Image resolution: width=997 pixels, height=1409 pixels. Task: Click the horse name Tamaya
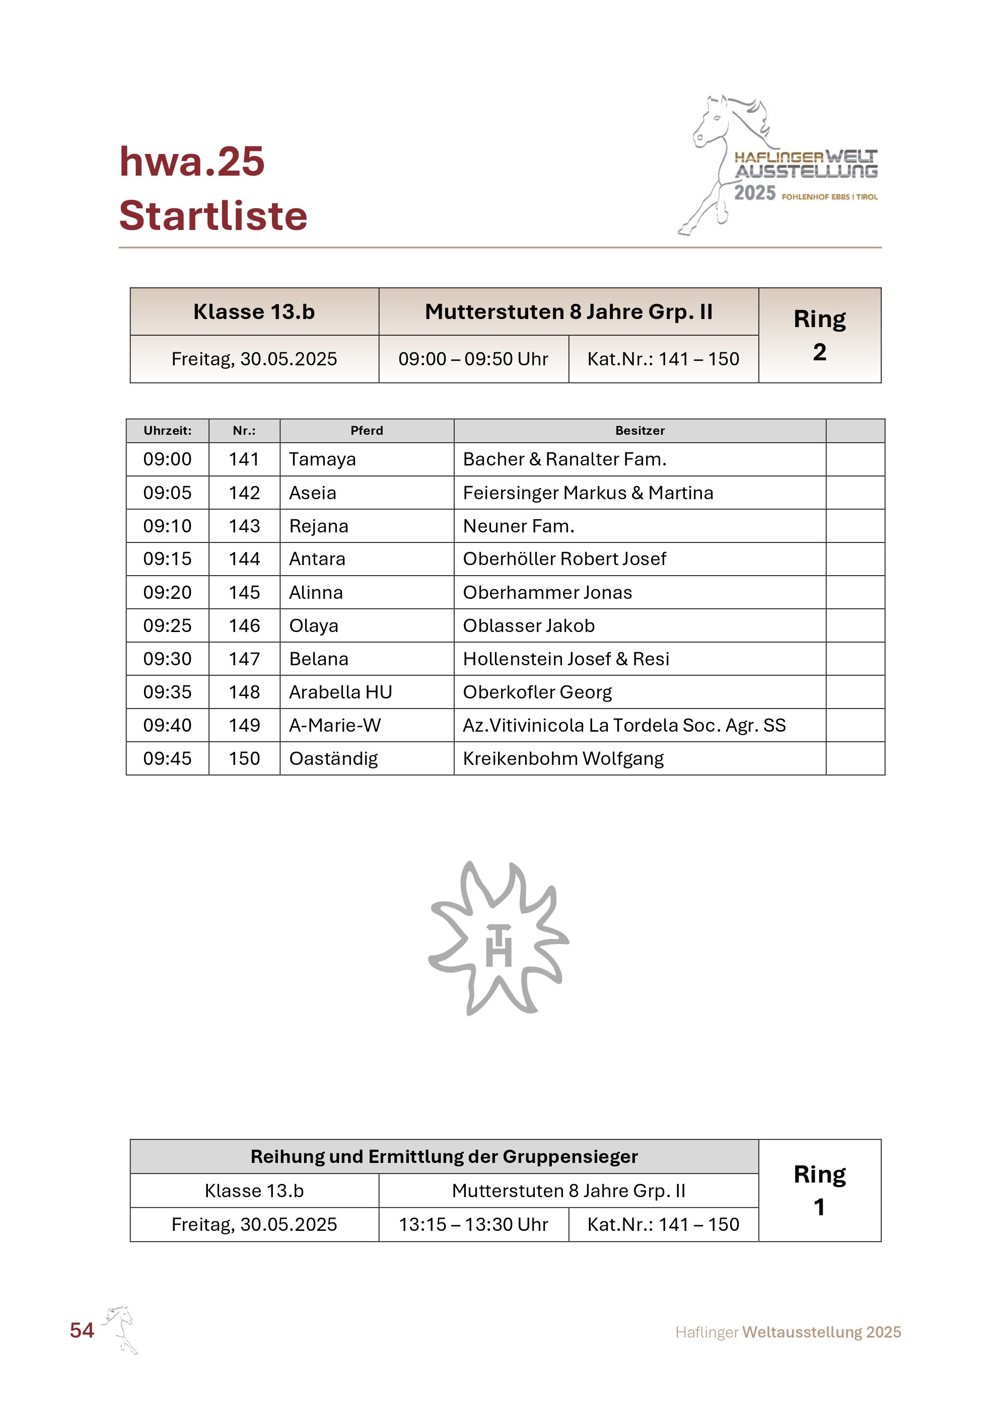[x=322, y=459]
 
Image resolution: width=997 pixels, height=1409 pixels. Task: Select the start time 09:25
[x=167, y=625]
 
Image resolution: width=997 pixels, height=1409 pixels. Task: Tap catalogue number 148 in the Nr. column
[x=244, y=691]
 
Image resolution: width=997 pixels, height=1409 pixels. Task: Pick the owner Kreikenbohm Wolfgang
[x=563, y=758]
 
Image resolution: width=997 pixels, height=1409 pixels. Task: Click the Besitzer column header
[x=639, y=431]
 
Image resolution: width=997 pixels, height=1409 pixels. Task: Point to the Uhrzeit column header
[x=167, y=431]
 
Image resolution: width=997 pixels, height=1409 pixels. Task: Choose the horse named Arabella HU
[x=340, y=691]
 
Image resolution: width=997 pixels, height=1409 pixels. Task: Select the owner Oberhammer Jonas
[x=547, y=592]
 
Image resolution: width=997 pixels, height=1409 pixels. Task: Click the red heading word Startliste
[x=213, y=216]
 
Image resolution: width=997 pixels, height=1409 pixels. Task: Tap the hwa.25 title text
[x=191, y=162]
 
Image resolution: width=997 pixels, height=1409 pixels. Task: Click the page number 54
[x=82, y=1330]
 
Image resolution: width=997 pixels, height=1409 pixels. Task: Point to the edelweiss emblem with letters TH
[x=498, y=937]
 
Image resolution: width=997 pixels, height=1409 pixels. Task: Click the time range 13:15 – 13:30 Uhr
[x=473, y=1224]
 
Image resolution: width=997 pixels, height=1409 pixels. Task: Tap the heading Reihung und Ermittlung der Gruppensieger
[x=444, y=1156]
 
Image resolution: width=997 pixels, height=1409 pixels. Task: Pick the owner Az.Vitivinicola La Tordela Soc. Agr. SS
[x=624, y=725]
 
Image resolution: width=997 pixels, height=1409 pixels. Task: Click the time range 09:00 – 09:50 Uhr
[x=473, y=359]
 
